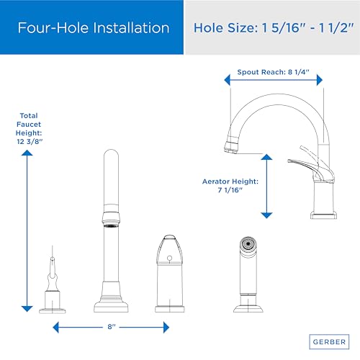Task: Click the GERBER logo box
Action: tap(329, 341)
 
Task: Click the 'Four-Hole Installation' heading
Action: tap(94, 28)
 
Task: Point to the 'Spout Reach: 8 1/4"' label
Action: tap(273, 72)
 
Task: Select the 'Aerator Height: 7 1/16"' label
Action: tap(230, 186)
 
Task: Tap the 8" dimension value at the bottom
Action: tap(112, 327)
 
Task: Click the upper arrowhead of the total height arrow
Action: tap(27, 153)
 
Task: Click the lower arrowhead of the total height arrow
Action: tap(27, 309)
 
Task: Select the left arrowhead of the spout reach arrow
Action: tap(227, 80)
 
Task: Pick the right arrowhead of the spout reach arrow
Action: tap(320, 80)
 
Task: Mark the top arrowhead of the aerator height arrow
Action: tap(266, 157)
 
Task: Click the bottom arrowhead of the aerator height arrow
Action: tap(266, 215)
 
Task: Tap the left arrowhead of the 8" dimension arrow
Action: tap(55, 328)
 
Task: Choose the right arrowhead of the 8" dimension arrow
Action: tap(166, 328)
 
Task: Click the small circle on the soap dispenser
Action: tap(169, 258)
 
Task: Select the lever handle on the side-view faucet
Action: tap(311, 168)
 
